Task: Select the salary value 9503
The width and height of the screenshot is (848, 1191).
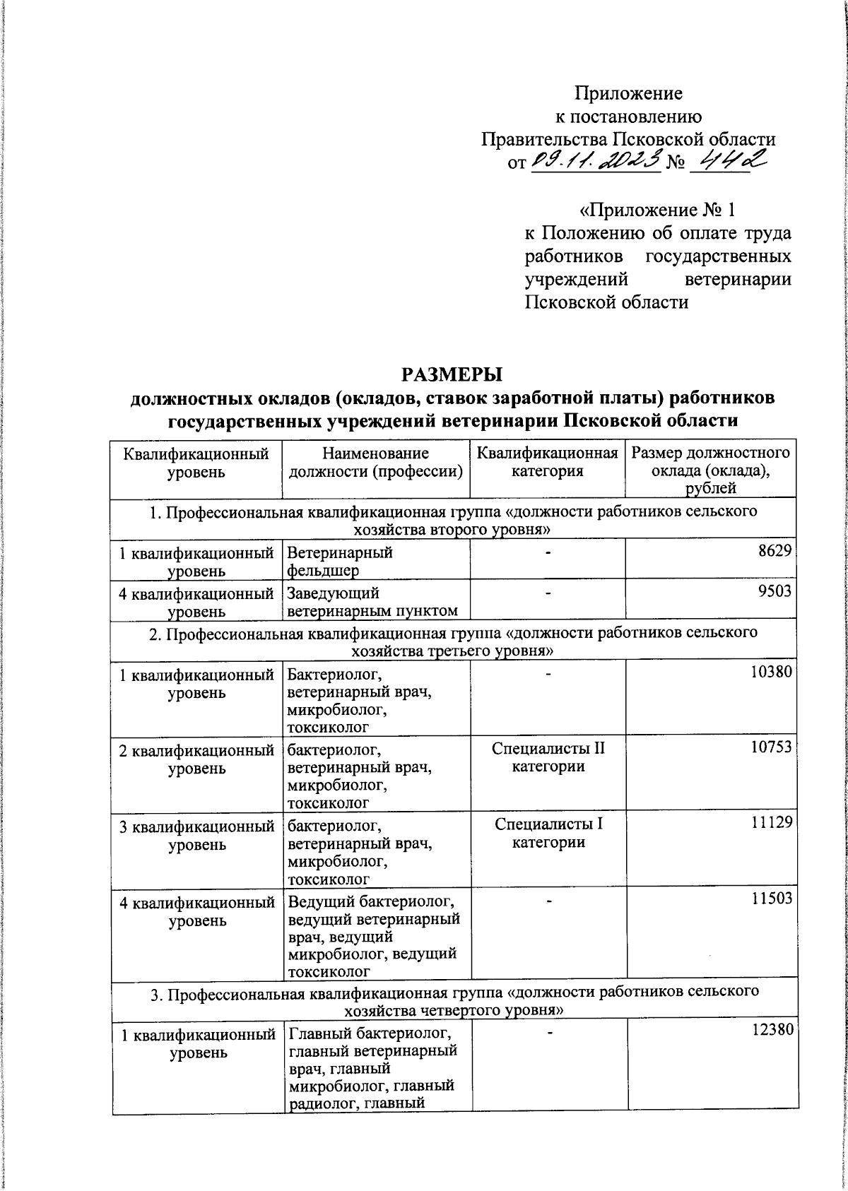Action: click(x=774, y=591)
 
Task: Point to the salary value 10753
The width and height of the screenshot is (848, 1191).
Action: click(x=770, y=746)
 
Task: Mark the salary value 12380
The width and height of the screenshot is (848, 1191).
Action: click(x=770, y=1031)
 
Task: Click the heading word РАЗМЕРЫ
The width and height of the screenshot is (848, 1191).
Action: click(x=452, y=373)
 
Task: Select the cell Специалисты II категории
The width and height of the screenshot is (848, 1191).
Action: click(x=548, y=757)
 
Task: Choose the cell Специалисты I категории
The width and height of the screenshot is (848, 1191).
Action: click(x=548, y=832)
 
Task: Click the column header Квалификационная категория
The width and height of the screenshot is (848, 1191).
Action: click(x=548, y=462)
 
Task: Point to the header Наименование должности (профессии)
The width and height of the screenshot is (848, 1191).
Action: click(x=375, y=462)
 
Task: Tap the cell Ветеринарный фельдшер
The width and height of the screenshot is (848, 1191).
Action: click(x=340, y=561)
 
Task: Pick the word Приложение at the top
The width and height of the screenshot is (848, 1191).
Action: click(x=628, y=93)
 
